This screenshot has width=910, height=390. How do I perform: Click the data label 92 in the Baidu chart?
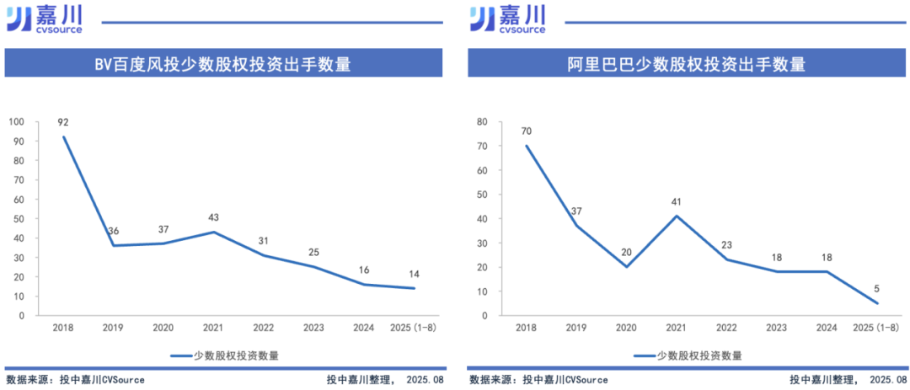tap(63, 122)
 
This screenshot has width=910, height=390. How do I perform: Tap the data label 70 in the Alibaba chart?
tap(527, 131)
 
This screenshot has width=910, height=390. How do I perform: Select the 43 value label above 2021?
tap(214, 217)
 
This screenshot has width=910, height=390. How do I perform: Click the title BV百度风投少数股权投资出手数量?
tap(222, 64)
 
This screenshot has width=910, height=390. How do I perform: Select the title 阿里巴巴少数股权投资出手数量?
tap(686, 64)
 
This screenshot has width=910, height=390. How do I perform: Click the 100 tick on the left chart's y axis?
tap(17, 122)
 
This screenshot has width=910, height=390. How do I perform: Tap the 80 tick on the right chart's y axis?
tap(482, 122)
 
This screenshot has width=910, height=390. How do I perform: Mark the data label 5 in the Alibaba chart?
tap(876, 289)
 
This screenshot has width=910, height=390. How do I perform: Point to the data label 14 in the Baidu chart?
tap(414, 275)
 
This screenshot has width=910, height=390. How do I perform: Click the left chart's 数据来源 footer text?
tap(75, 380)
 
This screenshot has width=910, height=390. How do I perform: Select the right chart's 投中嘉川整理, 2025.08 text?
tap(848, 380)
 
